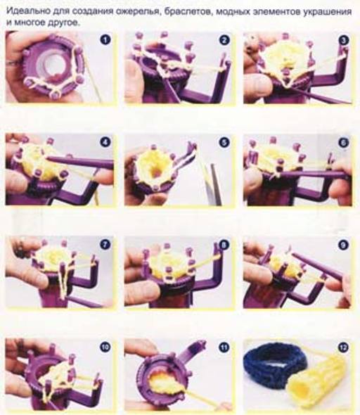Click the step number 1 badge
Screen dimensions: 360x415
point(105,40)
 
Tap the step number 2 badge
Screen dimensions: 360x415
point(224,40)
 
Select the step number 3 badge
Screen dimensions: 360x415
point(343,40)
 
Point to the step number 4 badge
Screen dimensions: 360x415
point(105,142)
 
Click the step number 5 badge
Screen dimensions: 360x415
point(224,142)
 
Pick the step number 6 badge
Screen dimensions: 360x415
point(343,142)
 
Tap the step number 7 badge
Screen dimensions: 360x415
point(105,245)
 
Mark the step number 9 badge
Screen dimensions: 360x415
point(343,245)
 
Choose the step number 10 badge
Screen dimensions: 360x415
point(105,347)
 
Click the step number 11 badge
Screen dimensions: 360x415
point(224,347)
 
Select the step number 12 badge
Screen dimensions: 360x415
point(343,347)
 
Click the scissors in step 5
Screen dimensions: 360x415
point(214,185)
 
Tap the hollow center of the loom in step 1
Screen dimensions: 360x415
point(50,64)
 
